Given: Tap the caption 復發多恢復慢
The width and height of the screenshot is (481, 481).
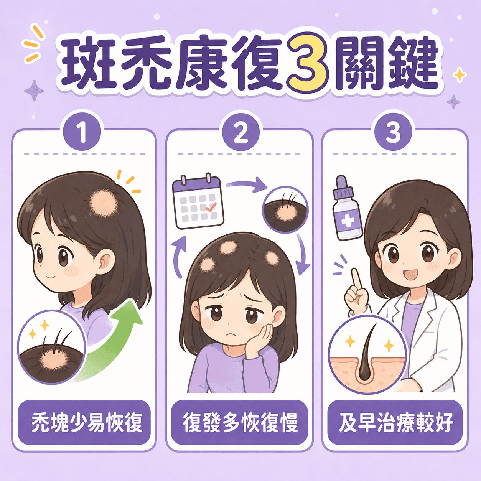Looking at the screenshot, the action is (240, 422).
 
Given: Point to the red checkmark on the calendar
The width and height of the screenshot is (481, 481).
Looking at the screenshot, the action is (211, 207).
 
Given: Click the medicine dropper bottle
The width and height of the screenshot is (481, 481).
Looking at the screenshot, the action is (348, 208).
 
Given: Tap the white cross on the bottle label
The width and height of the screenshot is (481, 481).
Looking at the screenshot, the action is (348, 221).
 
